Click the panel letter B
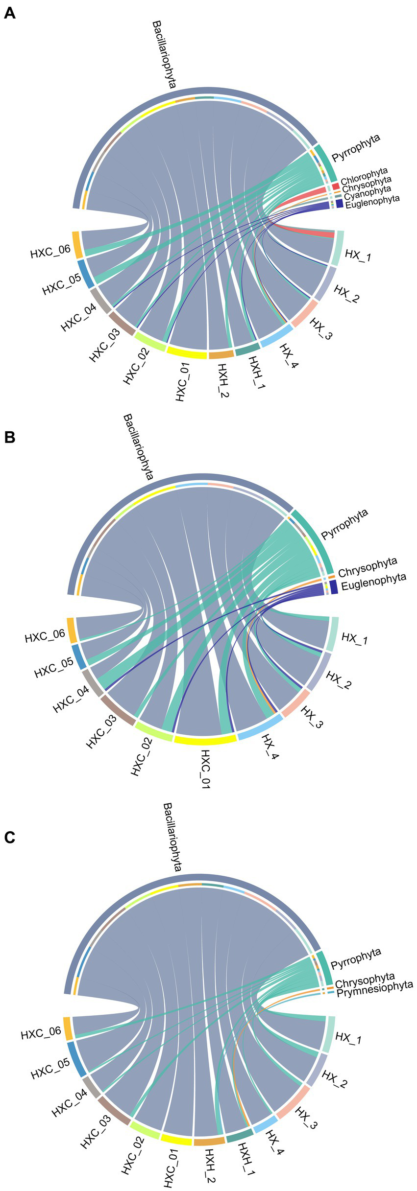click(10, 437)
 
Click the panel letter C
click(10, 838)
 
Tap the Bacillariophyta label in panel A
click(164, 54)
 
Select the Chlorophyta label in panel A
click(364, 177)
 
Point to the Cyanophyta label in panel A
click(368, 192)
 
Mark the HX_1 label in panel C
click(348, 1037)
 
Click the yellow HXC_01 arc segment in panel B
click(205, 740)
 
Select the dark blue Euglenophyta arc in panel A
click(339, 203)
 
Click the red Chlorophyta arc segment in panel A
click(336, 187)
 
